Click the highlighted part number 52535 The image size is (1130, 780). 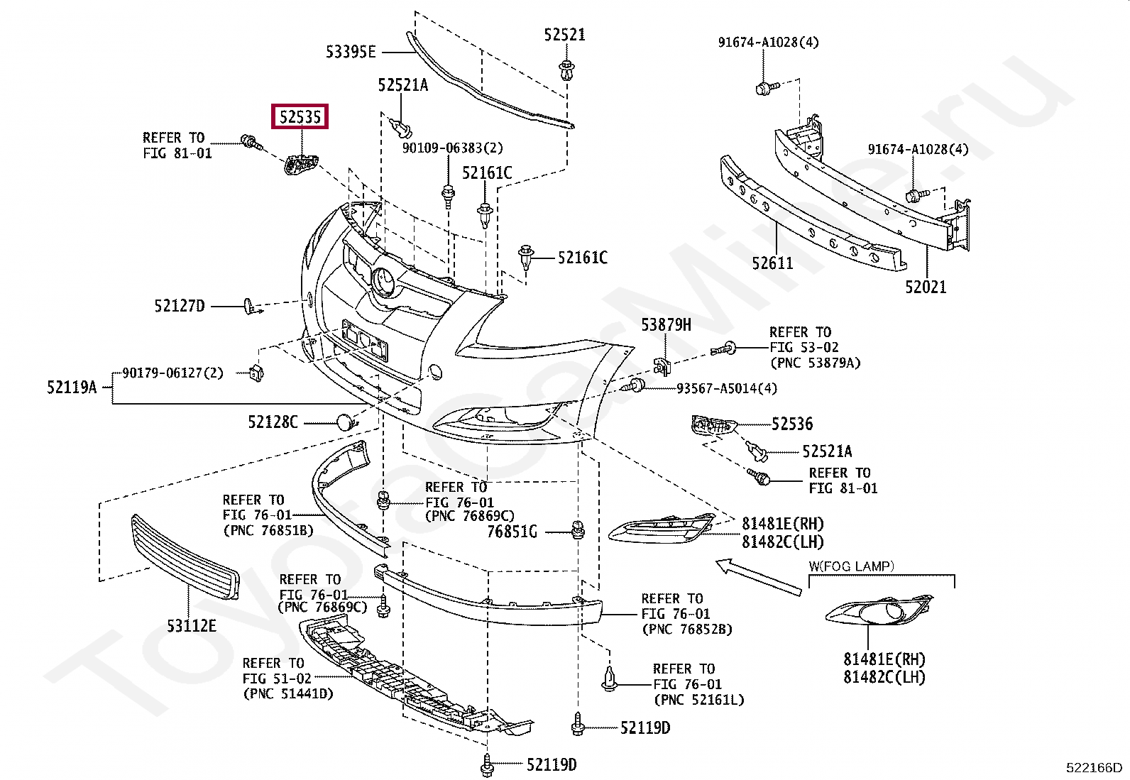(x=300, y=117)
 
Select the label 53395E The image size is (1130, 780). (x=351, y=52)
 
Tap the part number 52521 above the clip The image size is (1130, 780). (x=564, y=34)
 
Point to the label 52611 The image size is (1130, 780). (x=772, y=263)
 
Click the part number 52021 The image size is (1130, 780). (x=926, y=287)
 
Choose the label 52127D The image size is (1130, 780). (x=180, y=306)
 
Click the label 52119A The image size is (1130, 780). (x=72, y=387)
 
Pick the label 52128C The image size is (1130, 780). (x=273, y=422)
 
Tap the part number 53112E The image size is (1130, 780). (x=192, y=626)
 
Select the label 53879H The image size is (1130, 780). (x=666, y=325)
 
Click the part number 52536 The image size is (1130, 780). (x=793, y=424)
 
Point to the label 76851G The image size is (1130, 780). (x=512, y=532)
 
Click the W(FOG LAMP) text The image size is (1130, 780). (x=852, y=566)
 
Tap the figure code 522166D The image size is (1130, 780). (x=1095, y=767)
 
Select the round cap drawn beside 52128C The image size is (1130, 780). (x=345, y=422)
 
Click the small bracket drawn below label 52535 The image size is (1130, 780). (x=301, y=165)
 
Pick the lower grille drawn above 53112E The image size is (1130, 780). (x=185, y=556)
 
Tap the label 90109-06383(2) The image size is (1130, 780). (x=453, y=148)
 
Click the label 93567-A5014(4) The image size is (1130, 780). (x=727, y=388)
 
